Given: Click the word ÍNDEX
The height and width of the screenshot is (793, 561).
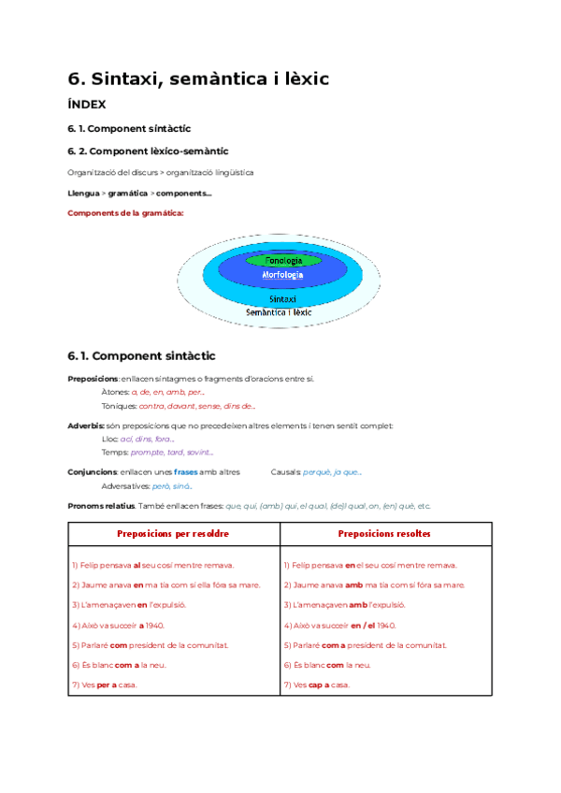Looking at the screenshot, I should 87,105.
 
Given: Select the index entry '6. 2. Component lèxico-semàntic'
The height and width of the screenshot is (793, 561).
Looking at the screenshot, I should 148,151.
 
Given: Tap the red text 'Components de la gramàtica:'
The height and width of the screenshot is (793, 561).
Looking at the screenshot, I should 126,212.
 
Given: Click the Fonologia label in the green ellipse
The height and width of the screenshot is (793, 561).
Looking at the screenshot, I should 283,260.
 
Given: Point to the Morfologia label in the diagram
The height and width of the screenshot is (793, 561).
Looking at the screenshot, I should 283,275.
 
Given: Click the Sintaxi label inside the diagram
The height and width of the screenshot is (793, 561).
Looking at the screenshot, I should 283,299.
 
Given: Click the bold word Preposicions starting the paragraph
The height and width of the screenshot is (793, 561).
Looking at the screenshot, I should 93,378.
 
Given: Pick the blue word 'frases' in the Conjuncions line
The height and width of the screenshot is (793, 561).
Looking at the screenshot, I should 186,472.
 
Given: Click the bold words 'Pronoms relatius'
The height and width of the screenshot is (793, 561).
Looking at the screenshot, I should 102,506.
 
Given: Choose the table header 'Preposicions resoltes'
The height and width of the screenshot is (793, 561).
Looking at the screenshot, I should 384,533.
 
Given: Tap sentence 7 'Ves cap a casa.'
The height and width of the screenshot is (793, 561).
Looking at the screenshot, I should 317,685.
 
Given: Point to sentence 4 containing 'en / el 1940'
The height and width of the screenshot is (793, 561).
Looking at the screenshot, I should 338,625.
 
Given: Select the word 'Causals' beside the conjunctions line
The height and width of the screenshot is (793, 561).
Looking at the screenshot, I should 284,472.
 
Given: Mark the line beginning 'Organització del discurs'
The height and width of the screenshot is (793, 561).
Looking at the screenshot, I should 160,172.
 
